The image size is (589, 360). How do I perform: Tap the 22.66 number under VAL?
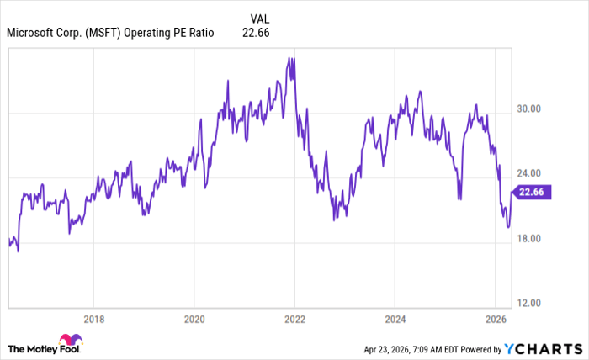(257, 33)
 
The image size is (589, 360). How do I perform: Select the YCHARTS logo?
(544, 348)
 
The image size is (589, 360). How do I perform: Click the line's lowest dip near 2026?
(507, 227)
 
